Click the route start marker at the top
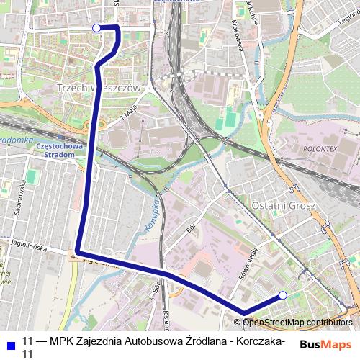(x=97, y=28)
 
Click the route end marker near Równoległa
(x=283, y=295)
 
